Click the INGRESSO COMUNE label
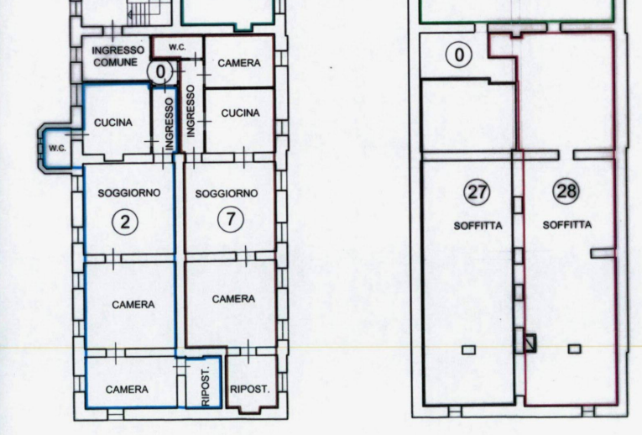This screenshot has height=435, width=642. [x=118, y=56]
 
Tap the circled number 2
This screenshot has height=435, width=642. [x=125, y=222]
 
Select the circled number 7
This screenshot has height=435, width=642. [x=231, y=219]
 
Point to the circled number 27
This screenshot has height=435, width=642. [x=477, y=191]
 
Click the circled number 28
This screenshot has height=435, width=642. [x=566, y=191]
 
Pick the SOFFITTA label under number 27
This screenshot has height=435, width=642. [x=478, y=226]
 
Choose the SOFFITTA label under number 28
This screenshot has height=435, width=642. [x=567, y=224]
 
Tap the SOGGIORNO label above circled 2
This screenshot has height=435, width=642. [x=129, y=192]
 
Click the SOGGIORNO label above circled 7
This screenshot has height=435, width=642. [x=227, y=193]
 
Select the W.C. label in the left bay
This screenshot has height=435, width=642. [x=57, y=149]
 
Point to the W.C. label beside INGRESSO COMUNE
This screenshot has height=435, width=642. [x=177, y=47]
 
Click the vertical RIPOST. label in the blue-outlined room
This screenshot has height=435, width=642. [x=206, y=385]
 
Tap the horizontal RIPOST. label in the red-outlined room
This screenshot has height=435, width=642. [x=250, y=389]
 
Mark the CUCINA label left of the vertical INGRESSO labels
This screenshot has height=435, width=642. [x=113, y=123]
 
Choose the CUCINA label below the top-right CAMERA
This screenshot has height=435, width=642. [x=240, y=113]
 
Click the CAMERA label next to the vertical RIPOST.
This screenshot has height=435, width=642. [x=127, y=389]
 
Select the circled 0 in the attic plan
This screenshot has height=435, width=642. [x=459, y=55]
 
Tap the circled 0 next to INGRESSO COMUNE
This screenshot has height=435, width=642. [x=160, y=71]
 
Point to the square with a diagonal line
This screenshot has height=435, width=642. [x=530, y=343]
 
